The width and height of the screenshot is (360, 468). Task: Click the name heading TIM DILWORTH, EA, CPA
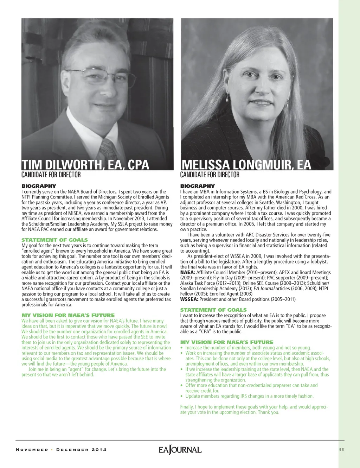85,165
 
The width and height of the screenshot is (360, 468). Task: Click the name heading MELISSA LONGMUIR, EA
246,165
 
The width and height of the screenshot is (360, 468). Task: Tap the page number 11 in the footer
341,450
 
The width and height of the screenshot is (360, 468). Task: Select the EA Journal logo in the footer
180,450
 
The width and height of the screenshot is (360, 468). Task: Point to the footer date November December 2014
61,450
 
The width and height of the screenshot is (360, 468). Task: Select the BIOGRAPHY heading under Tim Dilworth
39,186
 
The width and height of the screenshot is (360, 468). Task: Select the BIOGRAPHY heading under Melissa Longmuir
197,186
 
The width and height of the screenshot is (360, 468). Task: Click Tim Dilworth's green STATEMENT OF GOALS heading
54,240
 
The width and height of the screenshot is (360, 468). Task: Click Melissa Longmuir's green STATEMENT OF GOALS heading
213,310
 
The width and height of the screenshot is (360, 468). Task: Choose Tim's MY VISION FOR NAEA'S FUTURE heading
68,315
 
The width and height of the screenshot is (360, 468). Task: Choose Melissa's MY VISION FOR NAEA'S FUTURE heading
227,342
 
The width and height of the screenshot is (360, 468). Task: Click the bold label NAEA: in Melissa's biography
187,272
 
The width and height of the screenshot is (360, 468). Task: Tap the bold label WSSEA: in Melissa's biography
189,299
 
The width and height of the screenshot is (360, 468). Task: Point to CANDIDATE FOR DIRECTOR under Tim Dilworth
51,175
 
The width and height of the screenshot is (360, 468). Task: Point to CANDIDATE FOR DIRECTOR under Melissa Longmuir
210,175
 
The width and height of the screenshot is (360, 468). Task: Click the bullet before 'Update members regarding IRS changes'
182,396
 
